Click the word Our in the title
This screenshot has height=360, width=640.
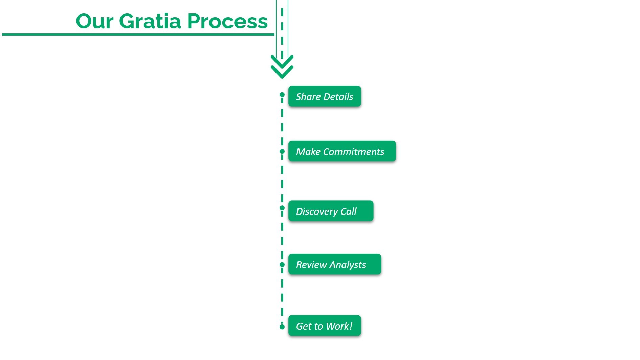point(94,21)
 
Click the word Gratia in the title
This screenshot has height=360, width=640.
point(150,21)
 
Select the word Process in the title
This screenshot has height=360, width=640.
point(227,21)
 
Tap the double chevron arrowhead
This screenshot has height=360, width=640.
point(282,67)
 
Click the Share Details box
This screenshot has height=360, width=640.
point(325,96)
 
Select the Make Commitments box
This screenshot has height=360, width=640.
point(342,151)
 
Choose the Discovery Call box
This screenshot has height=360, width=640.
point(331,211)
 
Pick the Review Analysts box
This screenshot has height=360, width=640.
point(334,264)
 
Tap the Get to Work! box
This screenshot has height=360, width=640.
point(325,326)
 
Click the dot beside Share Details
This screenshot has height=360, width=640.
point(282,95)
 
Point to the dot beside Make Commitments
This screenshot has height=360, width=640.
point(282,151)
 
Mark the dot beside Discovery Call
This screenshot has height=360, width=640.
point(282,208)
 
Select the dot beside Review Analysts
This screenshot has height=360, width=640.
point(282,264)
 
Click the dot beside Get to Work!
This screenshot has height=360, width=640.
point(282,327)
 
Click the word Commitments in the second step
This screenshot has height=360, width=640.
point(354,152)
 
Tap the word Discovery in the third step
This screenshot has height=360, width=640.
point(317,212)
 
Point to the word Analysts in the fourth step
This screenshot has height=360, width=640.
point(348,265)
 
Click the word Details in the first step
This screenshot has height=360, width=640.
point(338,97)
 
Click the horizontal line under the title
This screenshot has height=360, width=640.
point(138,34)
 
